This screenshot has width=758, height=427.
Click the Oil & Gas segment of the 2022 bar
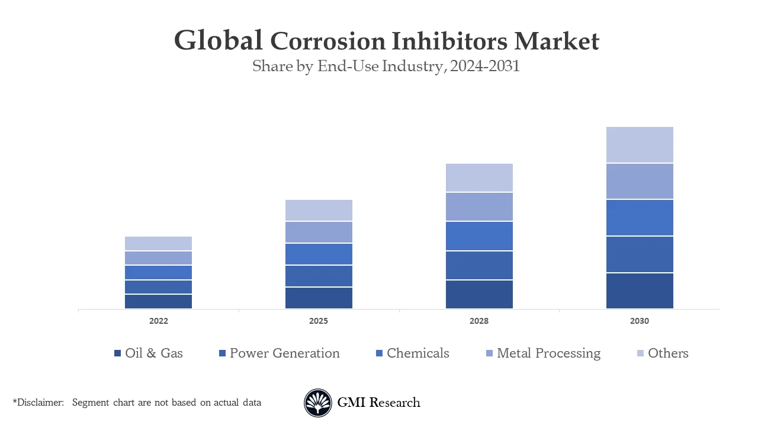[158, 301]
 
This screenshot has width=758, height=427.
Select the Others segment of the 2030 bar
[640, 145]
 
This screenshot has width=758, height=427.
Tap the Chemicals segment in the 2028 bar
[479, 236]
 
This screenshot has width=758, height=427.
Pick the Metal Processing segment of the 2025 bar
[319, 232]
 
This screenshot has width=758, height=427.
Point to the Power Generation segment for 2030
[640, 254]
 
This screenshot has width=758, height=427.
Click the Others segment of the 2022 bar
[158, 243]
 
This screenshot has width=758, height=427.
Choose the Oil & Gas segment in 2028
[479, 294]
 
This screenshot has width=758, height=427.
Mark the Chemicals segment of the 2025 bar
[319, 254]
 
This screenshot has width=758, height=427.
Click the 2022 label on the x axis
[158, 321]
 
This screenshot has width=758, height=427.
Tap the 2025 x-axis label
[319, 321]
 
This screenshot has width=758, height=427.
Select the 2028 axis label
[479, 321]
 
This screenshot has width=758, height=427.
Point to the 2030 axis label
[640, 321]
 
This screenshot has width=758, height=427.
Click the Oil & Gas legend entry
[153, 353]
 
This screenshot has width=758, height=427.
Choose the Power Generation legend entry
[284, 353]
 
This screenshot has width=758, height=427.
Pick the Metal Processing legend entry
[548, 353]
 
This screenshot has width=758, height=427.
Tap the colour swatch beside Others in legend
[640, 353]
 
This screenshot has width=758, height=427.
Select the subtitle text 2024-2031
[484, 66]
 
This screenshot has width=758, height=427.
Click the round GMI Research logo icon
[318, 403]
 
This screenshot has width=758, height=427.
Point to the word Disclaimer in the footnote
[40, 403]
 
